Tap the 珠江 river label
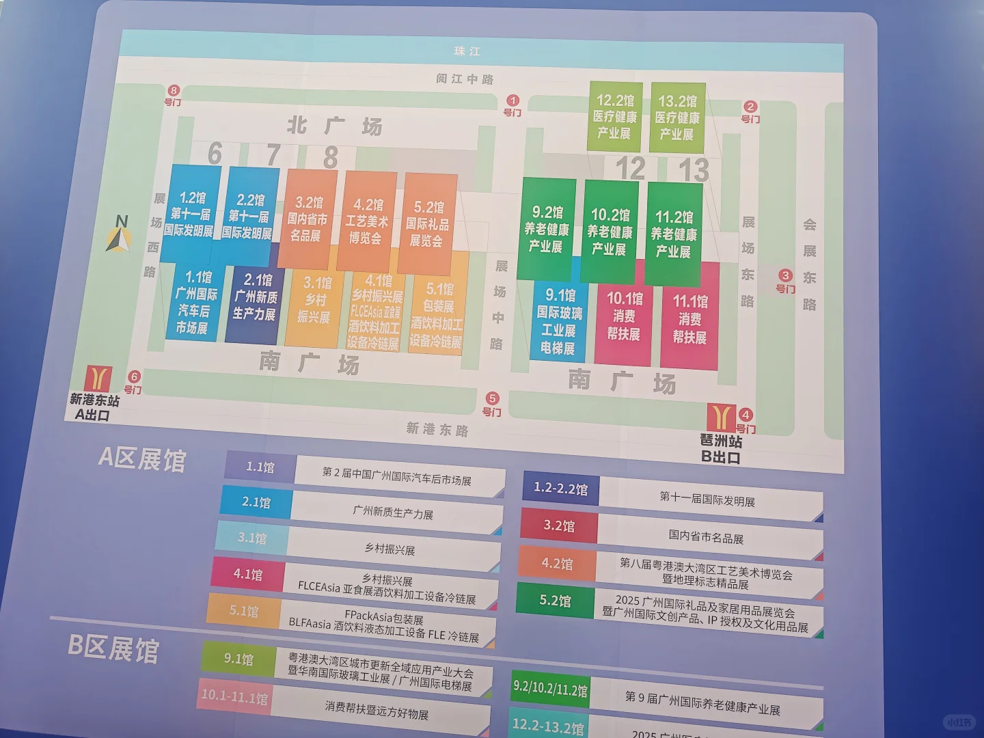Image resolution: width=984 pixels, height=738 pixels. click(467, 51)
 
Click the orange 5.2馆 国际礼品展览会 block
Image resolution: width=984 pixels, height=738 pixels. click(428, 223)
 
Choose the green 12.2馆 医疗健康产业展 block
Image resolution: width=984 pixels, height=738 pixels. click(614, 117)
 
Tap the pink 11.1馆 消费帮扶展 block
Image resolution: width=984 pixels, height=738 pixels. click(689, 318)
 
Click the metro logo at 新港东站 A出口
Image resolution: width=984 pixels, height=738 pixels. click(98, 379)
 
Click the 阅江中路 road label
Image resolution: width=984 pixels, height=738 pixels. click(465, 79)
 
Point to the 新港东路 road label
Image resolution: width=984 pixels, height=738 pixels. click(437, 429)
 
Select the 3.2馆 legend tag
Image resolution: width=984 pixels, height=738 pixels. click(559, 526)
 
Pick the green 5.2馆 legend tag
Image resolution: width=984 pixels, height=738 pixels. click(555, 601)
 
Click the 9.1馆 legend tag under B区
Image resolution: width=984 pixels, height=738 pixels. click(238, 659)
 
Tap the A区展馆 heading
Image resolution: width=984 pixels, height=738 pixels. click(142, 459)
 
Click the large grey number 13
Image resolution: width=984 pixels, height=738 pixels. click(694, 170)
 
